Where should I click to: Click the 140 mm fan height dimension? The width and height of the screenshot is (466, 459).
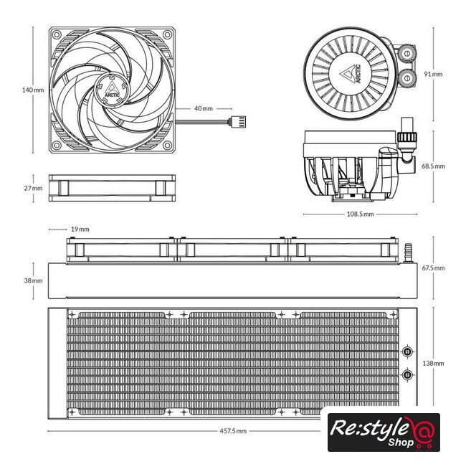pos(33,90)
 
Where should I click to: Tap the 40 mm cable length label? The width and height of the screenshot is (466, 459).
pos(204,108)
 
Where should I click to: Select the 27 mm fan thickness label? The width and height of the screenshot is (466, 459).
pos(33,188)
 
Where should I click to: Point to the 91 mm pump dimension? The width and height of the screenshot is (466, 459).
pos(433,74)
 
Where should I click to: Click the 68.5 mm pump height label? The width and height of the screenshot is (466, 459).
pos(433,166)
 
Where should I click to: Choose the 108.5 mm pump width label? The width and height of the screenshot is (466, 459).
pos(360,214)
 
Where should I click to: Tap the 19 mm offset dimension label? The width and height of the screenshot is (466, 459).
pos(80,229)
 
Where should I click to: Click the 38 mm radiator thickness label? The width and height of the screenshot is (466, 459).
pos(33,280)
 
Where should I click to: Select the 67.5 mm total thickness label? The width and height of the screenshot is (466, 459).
pos(433,268)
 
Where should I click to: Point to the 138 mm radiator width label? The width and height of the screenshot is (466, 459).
pos(433,364)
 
